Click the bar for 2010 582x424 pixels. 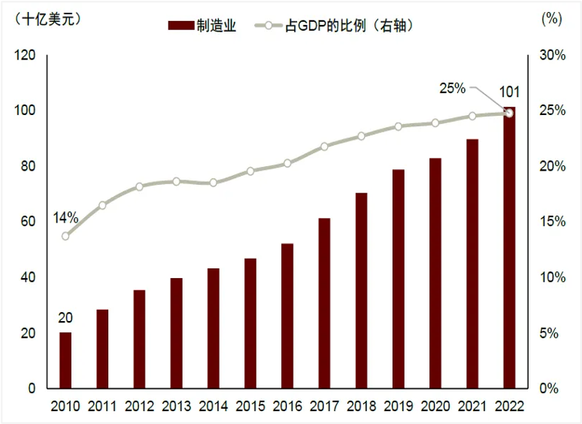tap(65, 360)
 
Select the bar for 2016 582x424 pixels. tap(287, 316)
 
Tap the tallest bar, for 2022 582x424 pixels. tap(509, 248)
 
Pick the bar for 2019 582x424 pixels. tap(399, 279)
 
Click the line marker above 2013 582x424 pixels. tap(176, 181)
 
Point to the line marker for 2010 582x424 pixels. tap(65, 236)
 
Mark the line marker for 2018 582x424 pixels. tap(361, 136)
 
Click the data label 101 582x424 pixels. tap(509, 92)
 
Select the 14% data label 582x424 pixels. tap(65, 218)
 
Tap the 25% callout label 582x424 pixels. tap(453, 88)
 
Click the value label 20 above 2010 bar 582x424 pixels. tap(65, 317)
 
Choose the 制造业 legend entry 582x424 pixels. tap(202, 26)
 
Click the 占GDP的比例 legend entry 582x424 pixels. tap(338, 26)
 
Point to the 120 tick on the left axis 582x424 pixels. tap(25, 56)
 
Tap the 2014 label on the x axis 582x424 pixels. tap(213, 407)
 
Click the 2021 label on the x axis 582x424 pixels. tap(472, 407)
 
